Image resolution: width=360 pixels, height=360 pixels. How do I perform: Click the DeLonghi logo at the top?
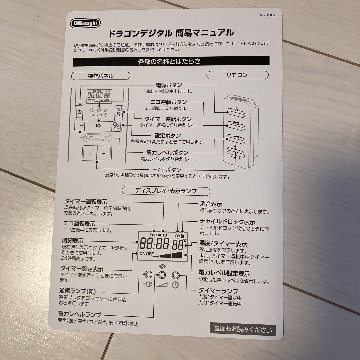[86, 23]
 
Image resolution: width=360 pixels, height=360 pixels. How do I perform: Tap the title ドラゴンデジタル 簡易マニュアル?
[171, 33]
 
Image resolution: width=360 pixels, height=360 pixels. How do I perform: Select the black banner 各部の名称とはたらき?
[171, 61]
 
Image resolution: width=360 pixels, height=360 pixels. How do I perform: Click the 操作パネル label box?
[101, 76]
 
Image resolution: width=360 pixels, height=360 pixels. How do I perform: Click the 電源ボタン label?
[169, 85]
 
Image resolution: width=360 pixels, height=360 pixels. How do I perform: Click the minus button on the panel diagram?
[90, 154]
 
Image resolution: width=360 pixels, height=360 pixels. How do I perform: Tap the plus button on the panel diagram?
[104, 154]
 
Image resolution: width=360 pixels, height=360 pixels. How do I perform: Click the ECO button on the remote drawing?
[236, 124]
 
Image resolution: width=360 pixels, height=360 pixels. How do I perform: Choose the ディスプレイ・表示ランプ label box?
[166, 191]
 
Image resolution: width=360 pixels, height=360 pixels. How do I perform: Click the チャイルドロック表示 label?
[227, 222]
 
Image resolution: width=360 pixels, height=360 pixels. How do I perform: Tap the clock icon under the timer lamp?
[175, 285]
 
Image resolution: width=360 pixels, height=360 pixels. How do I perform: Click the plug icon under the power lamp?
[147, 285]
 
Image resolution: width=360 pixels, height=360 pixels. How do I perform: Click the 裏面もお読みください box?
[243, 330]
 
